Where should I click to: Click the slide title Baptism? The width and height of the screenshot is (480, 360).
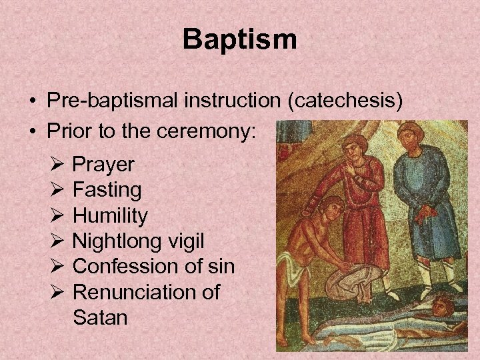pyautogui.click(x=239, y=39)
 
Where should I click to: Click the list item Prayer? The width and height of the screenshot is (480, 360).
pyautogui.click(x=103, y=164)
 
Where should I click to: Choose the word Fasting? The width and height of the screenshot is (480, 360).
pyautogui.click(x=107, y=190)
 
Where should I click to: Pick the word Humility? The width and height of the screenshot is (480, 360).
pyautogui.click(x=110, y=215)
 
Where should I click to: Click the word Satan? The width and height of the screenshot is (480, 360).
pyautogui.click(x=100, y=317)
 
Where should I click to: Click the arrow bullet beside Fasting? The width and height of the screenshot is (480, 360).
pyautogui.click(x=56, y=190)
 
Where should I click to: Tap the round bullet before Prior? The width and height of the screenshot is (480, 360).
pyautogui.click(x=32, y=132)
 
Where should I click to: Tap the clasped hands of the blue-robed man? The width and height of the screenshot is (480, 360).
pyautogui.click(x=423, y=213)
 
